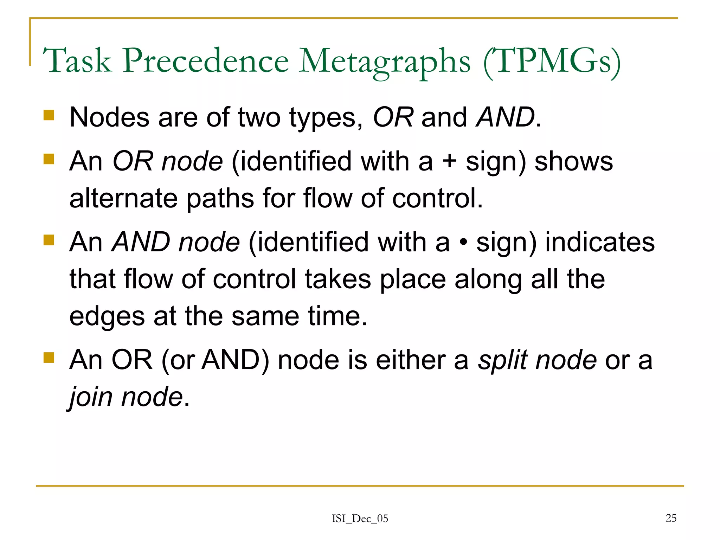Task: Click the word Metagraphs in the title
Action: click(x=385, y=62)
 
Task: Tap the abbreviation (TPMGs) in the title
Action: click(x=552, y=62)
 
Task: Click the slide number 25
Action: click(x=671, y=518)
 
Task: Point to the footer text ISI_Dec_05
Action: click(x=360, y=519)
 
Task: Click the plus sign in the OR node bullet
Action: click(x=449, y=162)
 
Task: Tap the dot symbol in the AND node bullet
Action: click(x=463, y=243)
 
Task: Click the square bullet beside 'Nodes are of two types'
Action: click(x=49, y=115)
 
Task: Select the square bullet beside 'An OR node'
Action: click(x=49, y=159)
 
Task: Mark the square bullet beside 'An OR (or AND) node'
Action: click(x=49, y=358)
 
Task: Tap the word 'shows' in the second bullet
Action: click(x=573, y=161)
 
